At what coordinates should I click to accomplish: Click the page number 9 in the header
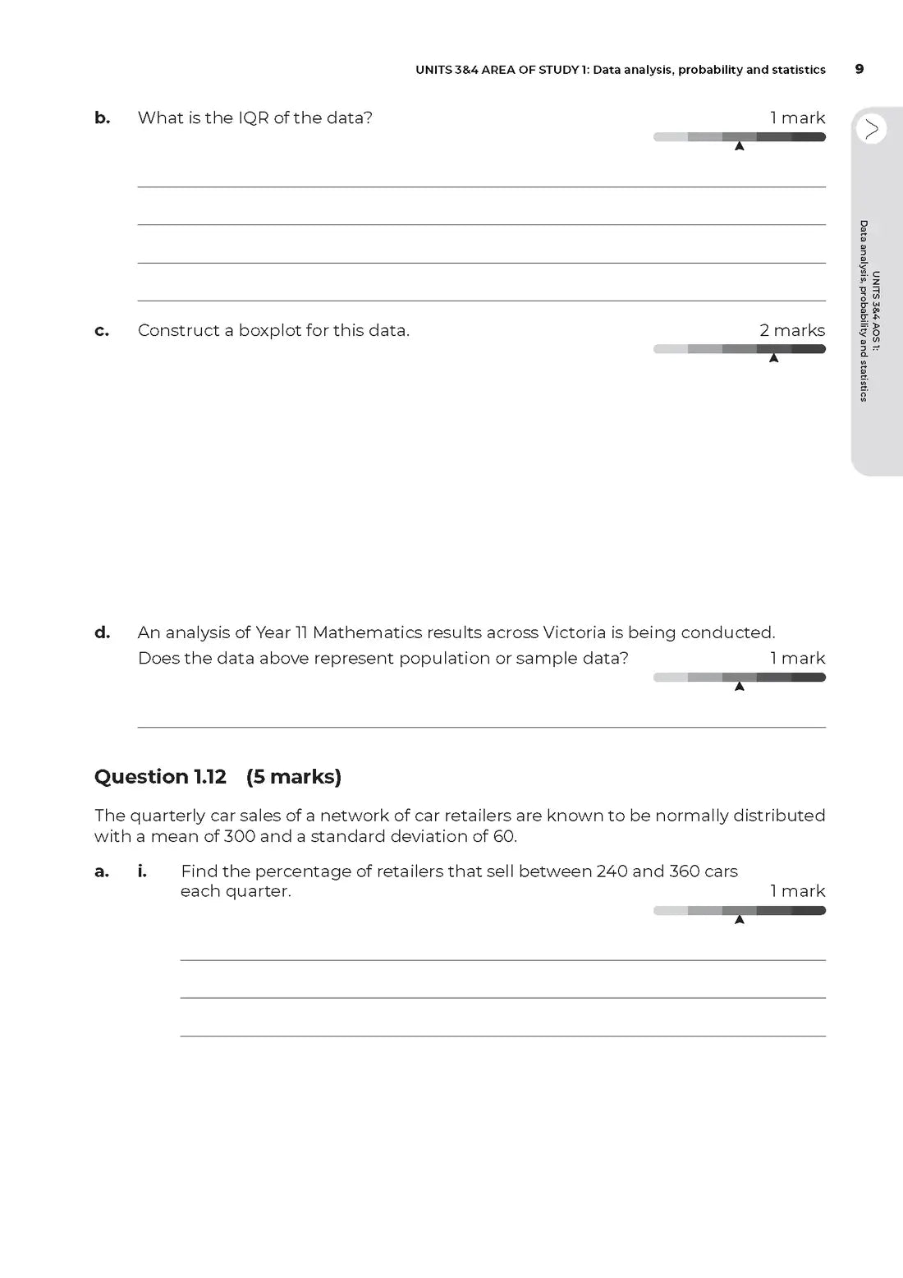point(859,69)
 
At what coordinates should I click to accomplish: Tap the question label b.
point(102,117)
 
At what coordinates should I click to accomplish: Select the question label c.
point(102,331)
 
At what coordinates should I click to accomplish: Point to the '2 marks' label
point(792,330)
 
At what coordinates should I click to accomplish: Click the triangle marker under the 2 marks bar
point(773,358)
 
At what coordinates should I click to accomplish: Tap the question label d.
point(102,632)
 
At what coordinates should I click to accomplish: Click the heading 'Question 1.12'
point(160,776)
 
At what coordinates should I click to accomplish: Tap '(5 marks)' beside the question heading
point(293,776)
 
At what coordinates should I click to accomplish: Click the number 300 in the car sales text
point(240,836)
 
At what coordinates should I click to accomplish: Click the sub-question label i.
point(142,871)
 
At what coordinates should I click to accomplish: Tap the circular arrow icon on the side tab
point(871,129)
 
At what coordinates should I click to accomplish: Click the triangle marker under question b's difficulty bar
point(739,146)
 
